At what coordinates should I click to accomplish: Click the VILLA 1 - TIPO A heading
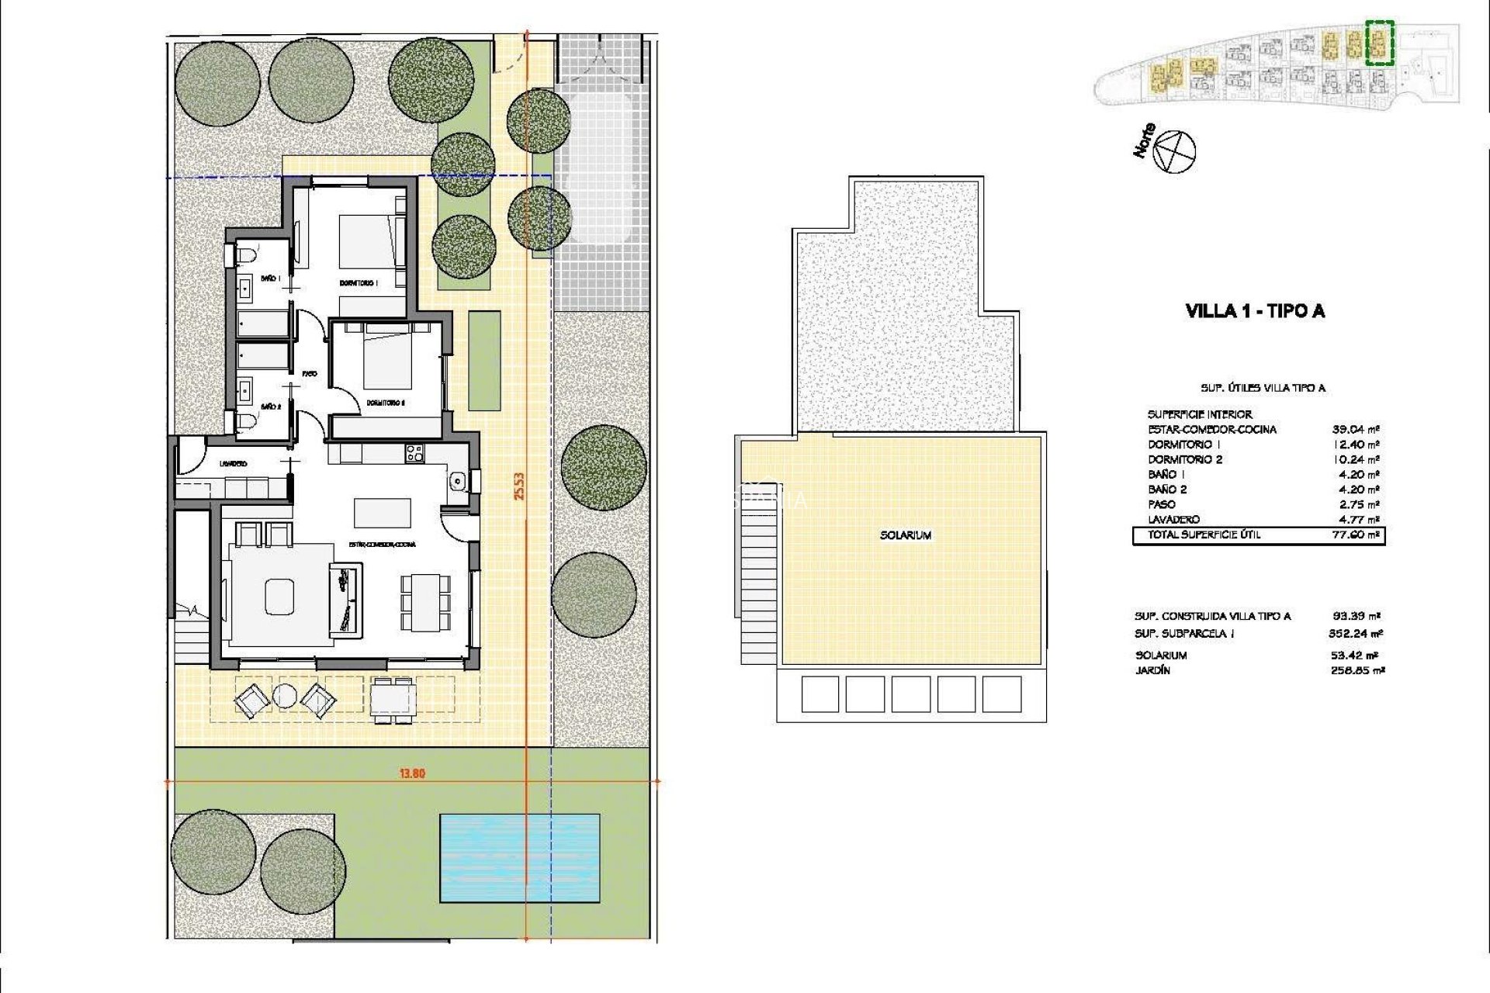pyautogui.click(x=1255, y=311)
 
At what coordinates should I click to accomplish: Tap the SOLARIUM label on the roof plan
pyautogui.click(x=906, y=535)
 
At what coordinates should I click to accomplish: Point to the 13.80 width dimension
pyautogui.click(x=412, y=773)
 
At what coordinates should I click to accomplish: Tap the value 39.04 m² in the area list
pyautogui.click(x=1356, y=429)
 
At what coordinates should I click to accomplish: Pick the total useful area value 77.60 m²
pyautogui.click(x=1356, y=535)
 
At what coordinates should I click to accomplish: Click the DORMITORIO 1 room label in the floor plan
pyautogui.click(x=359, y=283)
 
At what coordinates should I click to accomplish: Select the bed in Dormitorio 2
pyautogui.click(x=386, y=357)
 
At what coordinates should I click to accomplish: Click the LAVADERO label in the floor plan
pyautogui.click(x=233, y=464)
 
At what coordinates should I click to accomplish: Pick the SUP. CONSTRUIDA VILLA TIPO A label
pyautogui.click(x=1212, y=617)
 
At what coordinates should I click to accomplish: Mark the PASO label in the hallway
pyautogui.click(x=310, y=374)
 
